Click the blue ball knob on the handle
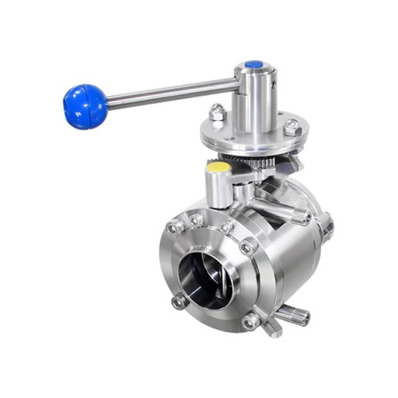[85, 106]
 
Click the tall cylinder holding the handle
[255, 99]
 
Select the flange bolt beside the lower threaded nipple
[251, 322]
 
